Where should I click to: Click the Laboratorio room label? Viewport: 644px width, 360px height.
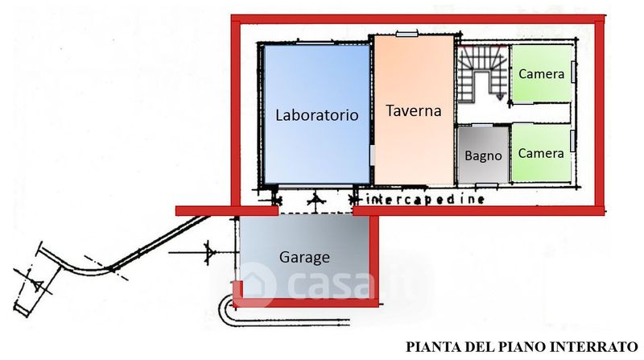coord(316,115)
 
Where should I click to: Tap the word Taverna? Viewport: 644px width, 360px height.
coord(414,110)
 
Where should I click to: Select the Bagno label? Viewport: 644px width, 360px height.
coord(483,155)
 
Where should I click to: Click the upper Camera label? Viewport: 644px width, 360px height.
coord(541,74)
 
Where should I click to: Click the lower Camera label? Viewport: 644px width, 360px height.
coord(541,153)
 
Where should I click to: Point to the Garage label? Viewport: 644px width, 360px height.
coord(304,257)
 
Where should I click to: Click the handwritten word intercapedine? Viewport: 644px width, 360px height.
coord(425,200)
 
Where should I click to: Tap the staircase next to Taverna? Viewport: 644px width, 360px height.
coord(482,73)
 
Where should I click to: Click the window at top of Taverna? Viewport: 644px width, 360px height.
coord(407,34)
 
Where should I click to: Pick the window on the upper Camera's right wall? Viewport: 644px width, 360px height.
coord(574,72)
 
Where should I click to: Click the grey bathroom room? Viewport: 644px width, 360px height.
coord(483,155)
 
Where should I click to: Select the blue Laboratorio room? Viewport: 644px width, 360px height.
coord(316,114)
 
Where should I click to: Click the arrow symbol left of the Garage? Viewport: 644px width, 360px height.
coord(209,252)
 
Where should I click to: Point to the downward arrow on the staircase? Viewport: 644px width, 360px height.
coord(500,97)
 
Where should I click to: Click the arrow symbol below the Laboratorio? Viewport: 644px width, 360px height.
coord(316,201)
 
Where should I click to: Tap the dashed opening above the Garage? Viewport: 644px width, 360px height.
coord(316,213)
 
